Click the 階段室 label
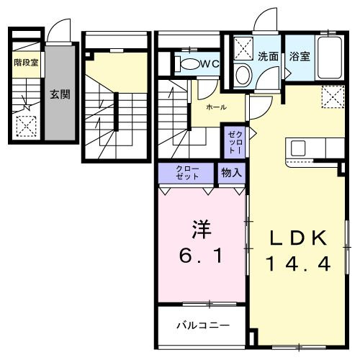coord(25,63)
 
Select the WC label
coord(210,64)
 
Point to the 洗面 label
coord(269,55)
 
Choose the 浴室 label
coord(300,55)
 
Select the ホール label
coord(215,107)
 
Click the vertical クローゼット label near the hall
coord(235,143)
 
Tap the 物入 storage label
coord(231,173)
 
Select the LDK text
coord(300,238)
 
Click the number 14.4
coord(300,264)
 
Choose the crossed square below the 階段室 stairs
coord(27,127)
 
